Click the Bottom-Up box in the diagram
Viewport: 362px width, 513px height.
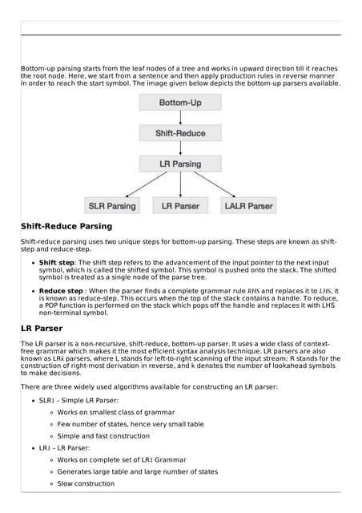(180, 103)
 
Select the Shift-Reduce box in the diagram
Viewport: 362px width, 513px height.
(180, 133)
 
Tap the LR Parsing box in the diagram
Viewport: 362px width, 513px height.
(180, 164)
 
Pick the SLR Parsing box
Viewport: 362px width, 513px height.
(112, 206)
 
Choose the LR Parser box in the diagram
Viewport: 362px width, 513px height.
(180, 206)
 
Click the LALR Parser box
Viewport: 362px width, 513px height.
(248, 206)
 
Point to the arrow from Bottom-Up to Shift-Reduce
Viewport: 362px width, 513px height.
(180, 118)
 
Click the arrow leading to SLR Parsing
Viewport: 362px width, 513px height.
(141, 184)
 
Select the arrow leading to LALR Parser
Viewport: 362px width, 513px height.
(221, 184)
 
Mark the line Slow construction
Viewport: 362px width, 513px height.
(86, 484)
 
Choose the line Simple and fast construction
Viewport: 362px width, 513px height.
(103, 436)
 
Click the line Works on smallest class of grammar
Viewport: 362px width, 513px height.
(115, 412)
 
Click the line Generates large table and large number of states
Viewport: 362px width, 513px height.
(137, 472)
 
